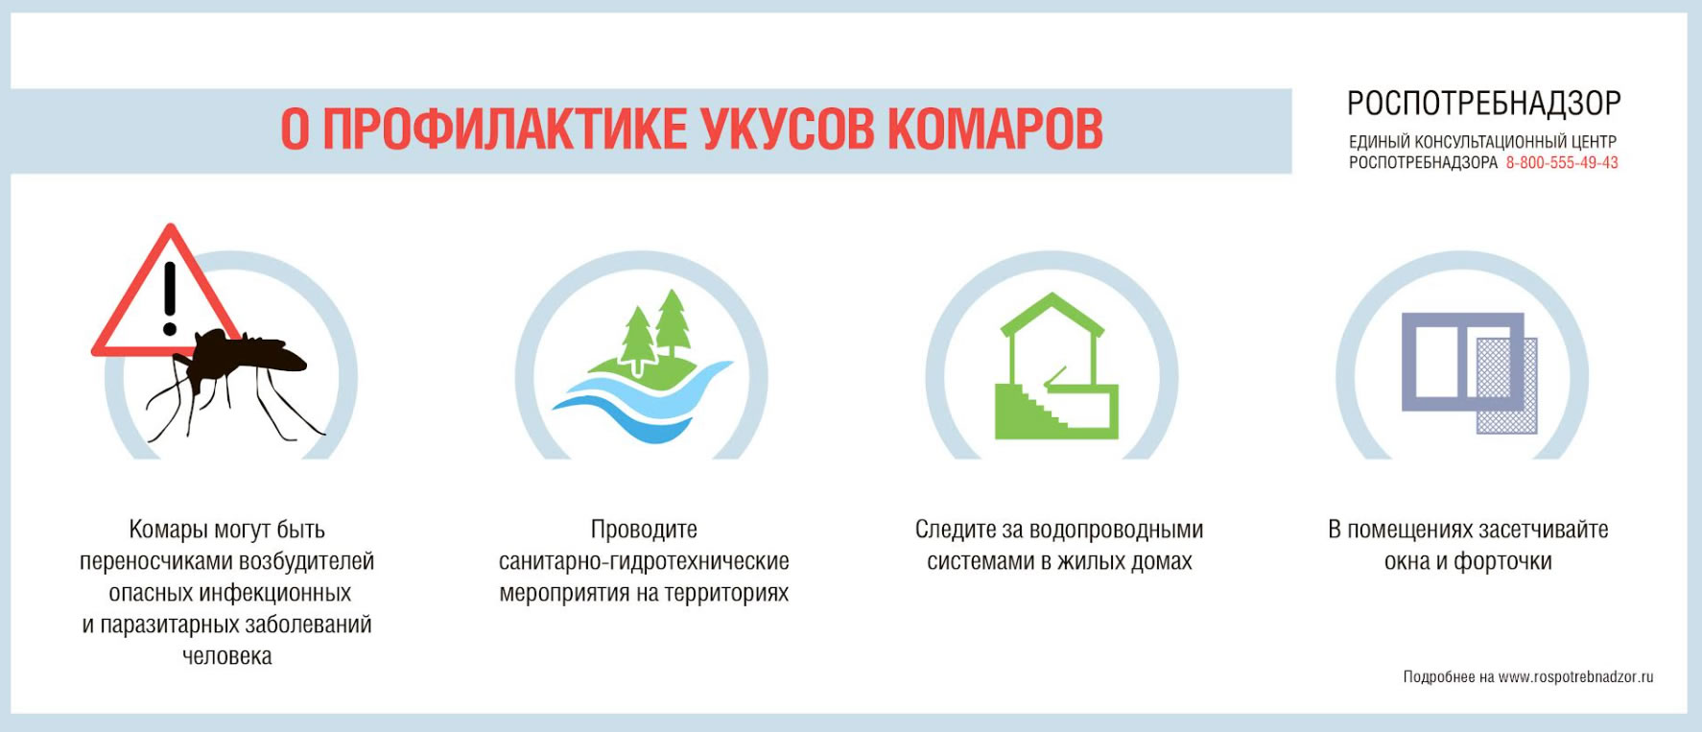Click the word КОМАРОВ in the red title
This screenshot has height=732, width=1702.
click(x=995, y=129)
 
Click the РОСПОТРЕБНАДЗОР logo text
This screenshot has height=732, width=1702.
click(x=1483, y=103)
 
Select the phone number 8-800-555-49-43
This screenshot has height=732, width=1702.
click(x=1562, y=163)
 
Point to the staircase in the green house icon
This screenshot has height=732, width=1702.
click(x=1036, y=409)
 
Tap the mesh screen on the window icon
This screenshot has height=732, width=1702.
click(x=1507, y=385)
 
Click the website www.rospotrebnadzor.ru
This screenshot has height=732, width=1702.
click(x=1575, y=677)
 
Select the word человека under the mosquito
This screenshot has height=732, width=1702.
click(x=227, y=656)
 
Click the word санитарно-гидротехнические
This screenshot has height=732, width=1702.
click(x=644, y=561)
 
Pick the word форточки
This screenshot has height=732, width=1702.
click(x=1502, y=561)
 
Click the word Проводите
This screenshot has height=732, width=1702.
click(x=644, y=530)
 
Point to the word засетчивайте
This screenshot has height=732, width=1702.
click(x=1543, y=530)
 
